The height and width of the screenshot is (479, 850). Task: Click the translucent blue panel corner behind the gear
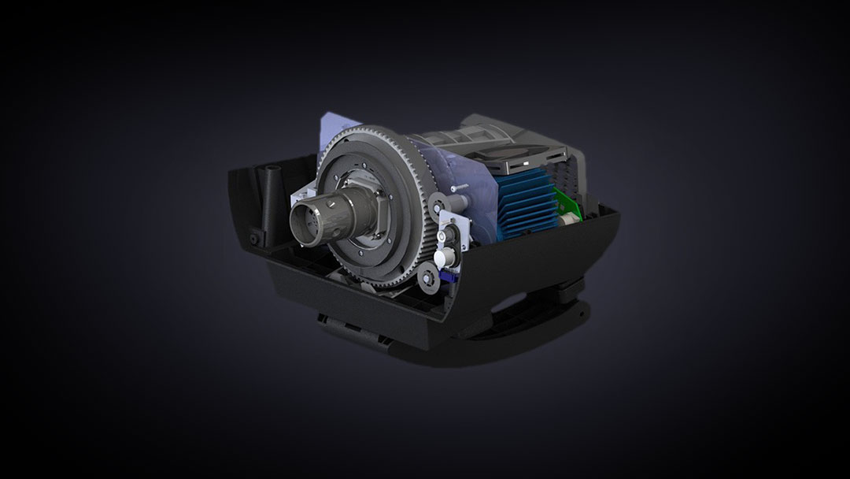(328, 126)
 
